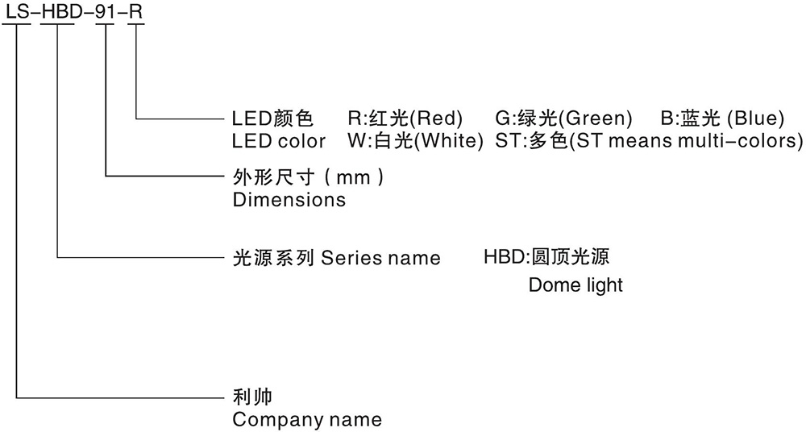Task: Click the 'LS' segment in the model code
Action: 16,11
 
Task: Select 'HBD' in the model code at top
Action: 60,11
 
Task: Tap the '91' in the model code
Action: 106,11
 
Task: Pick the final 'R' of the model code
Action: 137,11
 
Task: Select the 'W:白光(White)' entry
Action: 414,141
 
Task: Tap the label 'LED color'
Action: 279,141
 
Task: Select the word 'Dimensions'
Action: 289,199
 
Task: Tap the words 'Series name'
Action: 380,258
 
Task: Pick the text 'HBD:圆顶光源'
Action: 546,257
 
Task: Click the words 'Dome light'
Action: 575,285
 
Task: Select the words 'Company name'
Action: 307,419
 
